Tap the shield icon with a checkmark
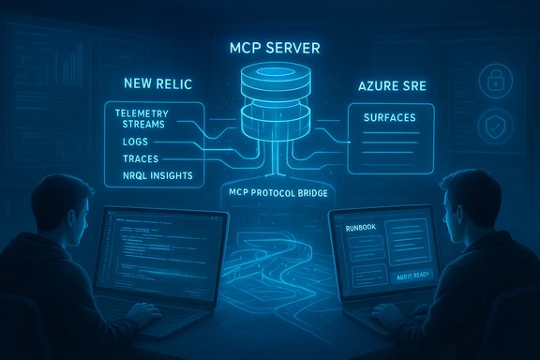492,126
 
